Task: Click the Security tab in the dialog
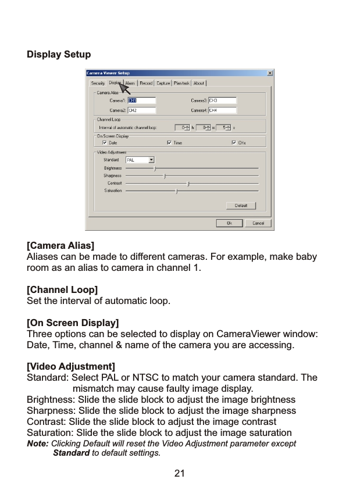coord(98,83)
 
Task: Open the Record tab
coord(146,83)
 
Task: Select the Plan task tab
coord(181,83)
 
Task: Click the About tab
coord(199,83)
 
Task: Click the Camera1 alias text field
coord(141,101)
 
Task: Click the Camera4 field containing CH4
coord(222,110)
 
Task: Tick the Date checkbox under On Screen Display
coord(105,142)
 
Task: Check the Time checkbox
coord(169,142)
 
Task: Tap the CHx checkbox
coord(234,142)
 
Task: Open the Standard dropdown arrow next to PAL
coord(152,159)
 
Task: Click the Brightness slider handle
coord(155,168)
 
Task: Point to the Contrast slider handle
coord(188,183)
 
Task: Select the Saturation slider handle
coord(176,191)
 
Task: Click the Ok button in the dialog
coord(229,223)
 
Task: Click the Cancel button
coord(258,223)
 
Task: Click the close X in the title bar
coord(270,73)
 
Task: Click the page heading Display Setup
coord(59,55)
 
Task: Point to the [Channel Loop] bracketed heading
coord(62,289)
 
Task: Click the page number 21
coord(180,474)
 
